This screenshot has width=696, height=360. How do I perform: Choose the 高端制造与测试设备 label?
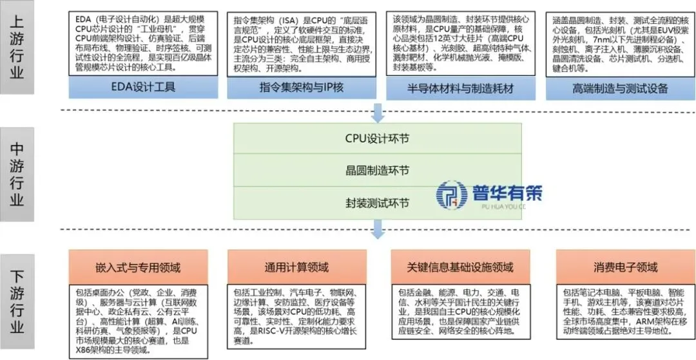pyautogui.click(x=619, y=88)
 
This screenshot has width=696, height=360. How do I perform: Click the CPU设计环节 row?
pyautogui.click(x=377, y=137)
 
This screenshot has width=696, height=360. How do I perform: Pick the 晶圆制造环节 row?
pyautogui.click(x=377, y=171)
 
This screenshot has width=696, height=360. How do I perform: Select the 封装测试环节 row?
pyautogui.click(x=377, y=204)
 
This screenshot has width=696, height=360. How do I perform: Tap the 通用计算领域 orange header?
pyautogui.click(x=297, y=267)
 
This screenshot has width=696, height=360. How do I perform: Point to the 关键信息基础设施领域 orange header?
pyautogui.click(x=460, y=267)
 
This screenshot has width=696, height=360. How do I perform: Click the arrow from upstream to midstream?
pyautogui.click(x=378, y=113)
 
